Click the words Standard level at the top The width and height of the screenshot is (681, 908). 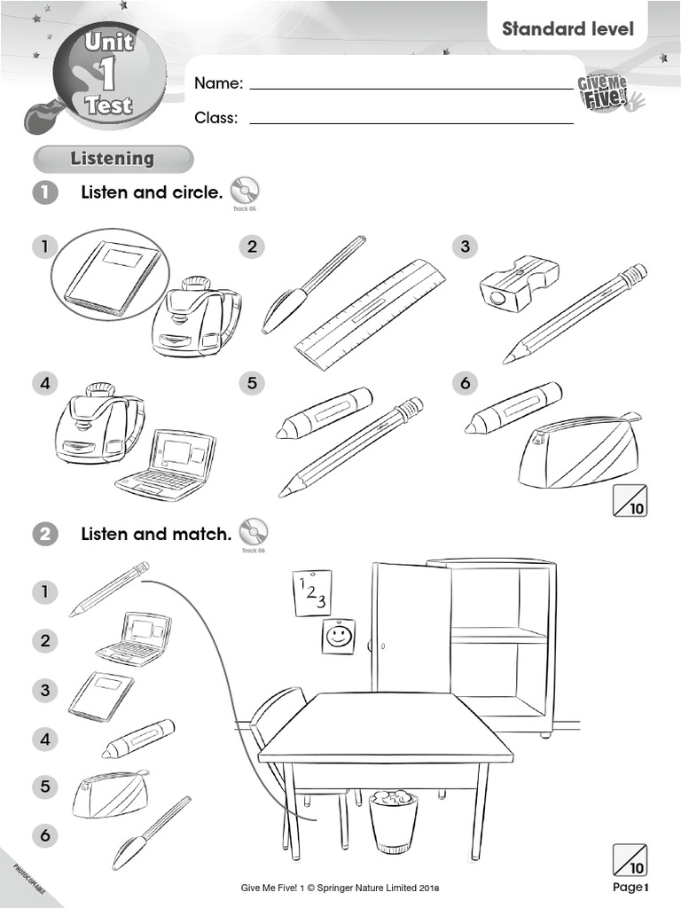tap(568, 28)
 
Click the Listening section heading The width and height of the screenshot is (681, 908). tap(113, 159)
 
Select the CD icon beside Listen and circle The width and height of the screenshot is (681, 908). tap(244, 191)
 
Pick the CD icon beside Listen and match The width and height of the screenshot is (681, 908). tap(254, 533)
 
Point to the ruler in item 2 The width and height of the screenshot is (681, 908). tap(370, 315)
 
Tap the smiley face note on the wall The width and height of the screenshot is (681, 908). tap(338, 636)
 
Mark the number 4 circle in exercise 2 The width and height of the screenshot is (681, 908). tap(44, 739)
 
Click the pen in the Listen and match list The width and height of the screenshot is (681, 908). tap(152, 834)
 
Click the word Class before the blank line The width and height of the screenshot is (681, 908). tap(215, 118)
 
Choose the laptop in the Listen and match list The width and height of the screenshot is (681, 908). tap(135, 638)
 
